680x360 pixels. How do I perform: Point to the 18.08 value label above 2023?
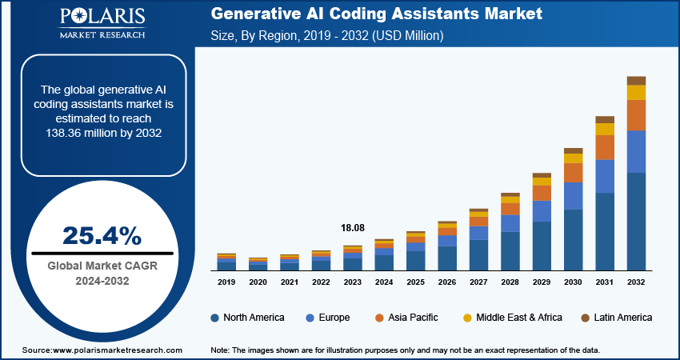coord(353,228)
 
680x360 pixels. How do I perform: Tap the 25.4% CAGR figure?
coord(102,236)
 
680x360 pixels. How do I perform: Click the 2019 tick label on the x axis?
coord(226,282)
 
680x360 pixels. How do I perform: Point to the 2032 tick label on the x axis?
coord(636,282)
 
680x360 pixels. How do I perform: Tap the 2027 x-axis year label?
coord(478,282)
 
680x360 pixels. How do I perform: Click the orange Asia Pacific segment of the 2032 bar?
coord(636,115)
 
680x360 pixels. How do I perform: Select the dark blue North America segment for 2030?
coord(574,239)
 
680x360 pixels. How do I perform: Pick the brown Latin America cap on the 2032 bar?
coord(636,80)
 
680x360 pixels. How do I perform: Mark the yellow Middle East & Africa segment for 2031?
coord(605,129)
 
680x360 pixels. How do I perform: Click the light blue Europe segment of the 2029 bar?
coord(542,211)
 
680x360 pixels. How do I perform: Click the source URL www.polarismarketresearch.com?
coord(118,350)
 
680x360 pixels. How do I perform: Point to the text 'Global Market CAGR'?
coord(101,266)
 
